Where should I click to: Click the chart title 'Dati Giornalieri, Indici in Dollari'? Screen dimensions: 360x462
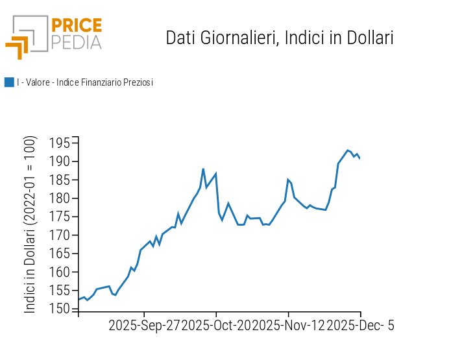[280, 38]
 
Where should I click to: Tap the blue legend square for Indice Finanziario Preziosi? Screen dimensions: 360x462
[9, 82]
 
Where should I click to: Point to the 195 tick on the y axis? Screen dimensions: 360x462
[62, 143]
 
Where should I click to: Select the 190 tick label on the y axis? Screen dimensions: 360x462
[62, 162]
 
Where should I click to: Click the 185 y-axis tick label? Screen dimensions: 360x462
[62, 180]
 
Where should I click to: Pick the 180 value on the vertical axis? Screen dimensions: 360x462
[62, 198]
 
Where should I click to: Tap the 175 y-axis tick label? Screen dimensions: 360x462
[62, 217]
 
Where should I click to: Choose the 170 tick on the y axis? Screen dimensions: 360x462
[62, 235]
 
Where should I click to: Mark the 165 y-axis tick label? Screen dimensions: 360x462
[62, 254]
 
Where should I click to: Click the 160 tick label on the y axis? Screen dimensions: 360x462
[62, 272]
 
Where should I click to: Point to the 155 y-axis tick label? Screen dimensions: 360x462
[62, 291]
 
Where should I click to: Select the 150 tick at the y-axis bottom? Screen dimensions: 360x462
[62, 309]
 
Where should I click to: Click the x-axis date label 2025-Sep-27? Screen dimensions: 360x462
[144, 326]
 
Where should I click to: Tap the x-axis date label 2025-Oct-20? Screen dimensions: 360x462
[216, 326]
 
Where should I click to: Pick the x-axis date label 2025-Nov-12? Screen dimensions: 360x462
[288, 326]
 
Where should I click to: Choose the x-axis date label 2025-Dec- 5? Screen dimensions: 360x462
[360, 326]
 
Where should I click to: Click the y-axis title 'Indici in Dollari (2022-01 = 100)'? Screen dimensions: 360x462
[30, 225]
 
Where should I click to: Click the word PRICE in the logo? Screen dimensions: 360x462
[77, 26]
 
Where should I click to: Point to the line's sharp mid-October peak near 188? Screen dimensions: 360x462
[203, 169]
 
